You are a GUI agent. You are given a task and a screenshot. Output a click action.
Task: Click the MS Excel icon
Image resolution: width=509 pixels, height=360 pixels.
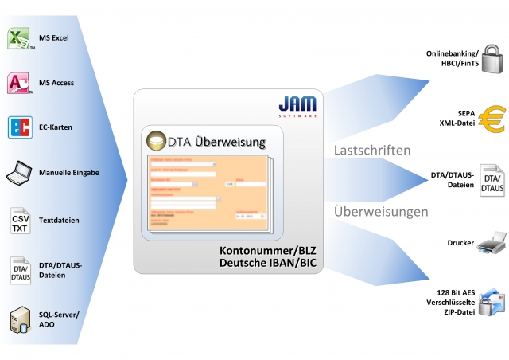tap(19, 38)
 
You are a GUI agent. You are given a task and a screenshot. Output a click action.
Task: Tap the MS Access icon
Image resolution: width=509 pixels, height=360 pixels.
tap(19, 83)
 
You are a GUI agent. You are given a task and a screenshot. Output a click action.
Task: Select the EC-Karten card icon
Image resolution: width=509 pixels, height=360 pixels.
tap(19, 127)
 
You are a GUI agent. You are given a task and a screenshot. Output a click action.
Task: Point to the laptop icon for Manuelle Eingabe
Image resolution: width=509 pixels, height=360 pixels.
tap(19, 172)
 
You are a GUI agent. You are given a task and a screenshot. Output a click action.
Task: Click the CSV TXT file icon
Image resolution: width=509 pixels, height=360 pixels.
tap(19, 220)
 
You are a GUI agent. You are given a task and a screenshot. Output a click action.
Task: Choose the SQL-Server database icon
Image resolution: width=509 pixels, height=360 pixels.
tap(19, 321)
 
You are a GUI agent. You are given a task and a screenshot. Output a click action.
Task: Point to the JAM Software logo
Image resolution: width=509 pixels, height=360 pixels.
tap(298, 106)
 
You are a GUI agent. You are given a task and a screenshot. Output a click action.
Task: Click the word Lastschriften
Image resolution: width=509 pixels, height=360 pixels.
tap(371, 150)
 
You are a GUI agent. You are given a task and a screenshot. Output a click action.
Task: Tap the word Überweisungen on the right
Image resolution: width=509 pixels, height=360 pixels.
tap(381, 212)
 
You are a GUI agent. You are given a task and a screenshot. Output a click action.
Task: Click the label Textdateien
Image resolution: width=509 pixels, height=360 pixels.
tap(59, 220)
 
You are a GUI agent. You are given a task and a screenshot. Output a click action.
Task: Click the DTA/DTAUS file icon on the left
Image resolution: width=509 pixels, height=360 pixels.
tap(19, 271)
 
